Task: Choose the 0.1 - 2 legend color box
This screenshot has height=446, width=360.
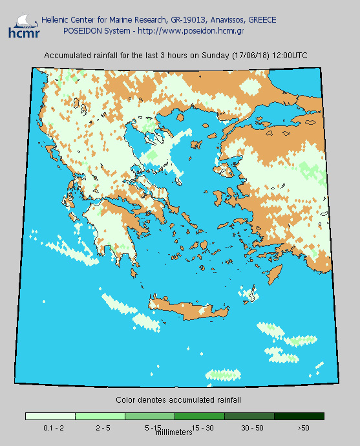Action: pos(50,416)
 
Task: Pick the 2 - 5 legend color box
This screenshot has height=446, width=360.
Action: pos(100,416)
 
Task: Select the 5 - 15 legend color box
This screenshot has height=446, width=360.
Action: pos(150,416)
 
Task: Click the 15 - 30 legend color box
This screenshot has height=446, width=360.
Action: pos(200,416)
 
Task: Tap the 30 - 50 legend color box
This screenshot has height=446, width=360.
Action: pos(249,416)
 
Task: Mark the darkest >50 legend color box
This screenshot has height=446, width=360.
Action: pos(299,416)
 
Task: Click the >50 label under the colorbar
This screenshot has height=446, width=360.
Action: pos(304,428)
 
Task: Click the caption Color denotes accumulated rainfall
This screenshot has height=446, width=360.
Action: pos(178,400)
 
